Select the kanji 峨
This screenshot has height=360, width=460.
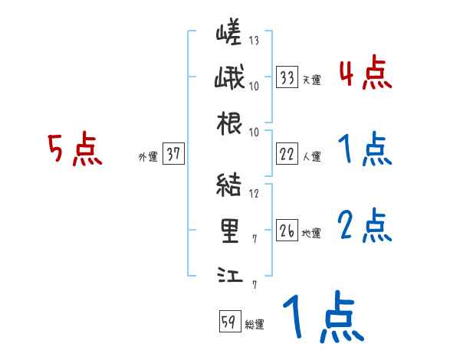[229, 79]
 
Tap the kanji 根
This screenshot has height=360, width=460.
[229, 123]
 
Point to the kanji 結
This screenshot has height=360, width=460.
[229, 186]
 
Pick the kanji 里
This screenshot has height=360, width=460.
[229, 230]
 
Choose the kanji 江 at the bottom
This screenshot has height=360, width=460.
[229, 273]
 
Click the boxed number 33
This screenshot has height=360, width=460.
[287, 77]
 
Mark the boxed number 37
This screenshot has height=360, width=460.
[173, 155]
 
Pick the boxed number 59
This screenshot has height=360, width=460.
[228, 322]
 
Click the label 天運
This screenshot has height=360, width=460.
[310, 80]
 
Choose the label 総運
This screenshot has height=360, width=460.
[254, 324]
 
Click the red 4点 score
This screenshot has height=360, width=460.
[365, 74]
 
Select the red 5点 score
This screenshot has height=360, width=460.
[75, 150]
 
